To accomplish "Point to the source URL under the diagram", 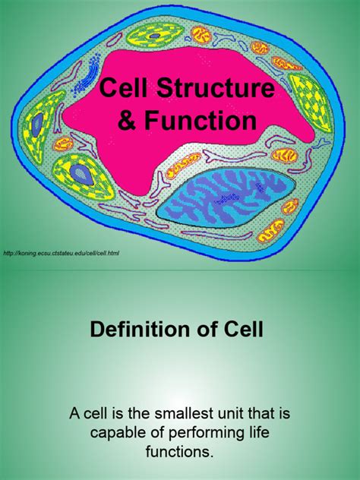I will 62,252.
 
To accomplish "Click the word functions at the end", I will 180,452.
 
